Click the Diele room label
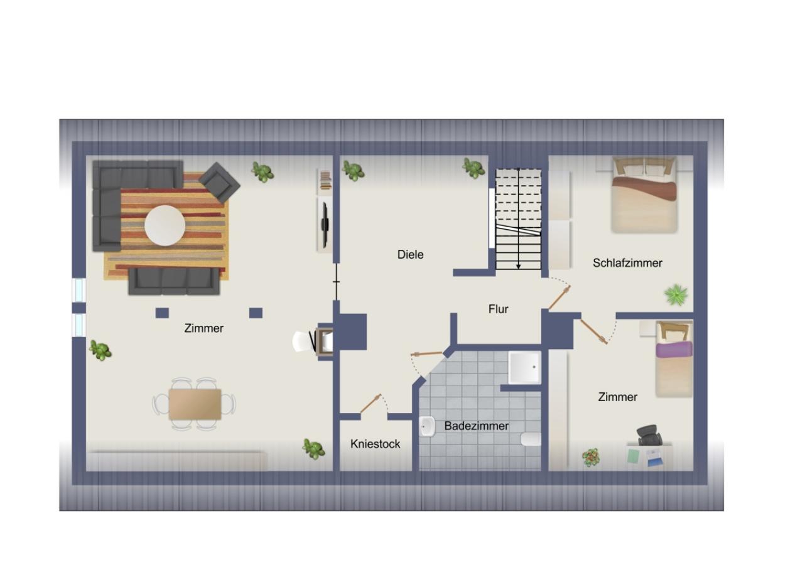click(410, 254)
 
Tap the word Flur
click(498, 309)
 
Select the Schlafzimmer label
click(627, 263)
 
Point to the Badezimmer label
click(476, 426)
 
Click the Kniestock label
click(375, 444)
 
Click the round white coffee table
click(165, 225)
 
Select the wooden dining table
click(195, 404)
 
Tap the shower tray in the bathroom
click(524, 367)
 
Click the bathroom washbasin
click(427, 427)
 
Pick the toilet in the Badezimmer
click(531, 439)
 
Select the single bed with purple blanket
click(674, 359)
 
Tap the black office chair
click(649, 434)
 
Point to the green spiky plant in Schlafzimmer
click(676, 294)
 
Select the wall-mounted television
click(325, 224)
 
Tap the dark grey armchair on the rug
click(219, 181)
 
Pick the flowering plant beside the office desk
click(590, 457)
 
